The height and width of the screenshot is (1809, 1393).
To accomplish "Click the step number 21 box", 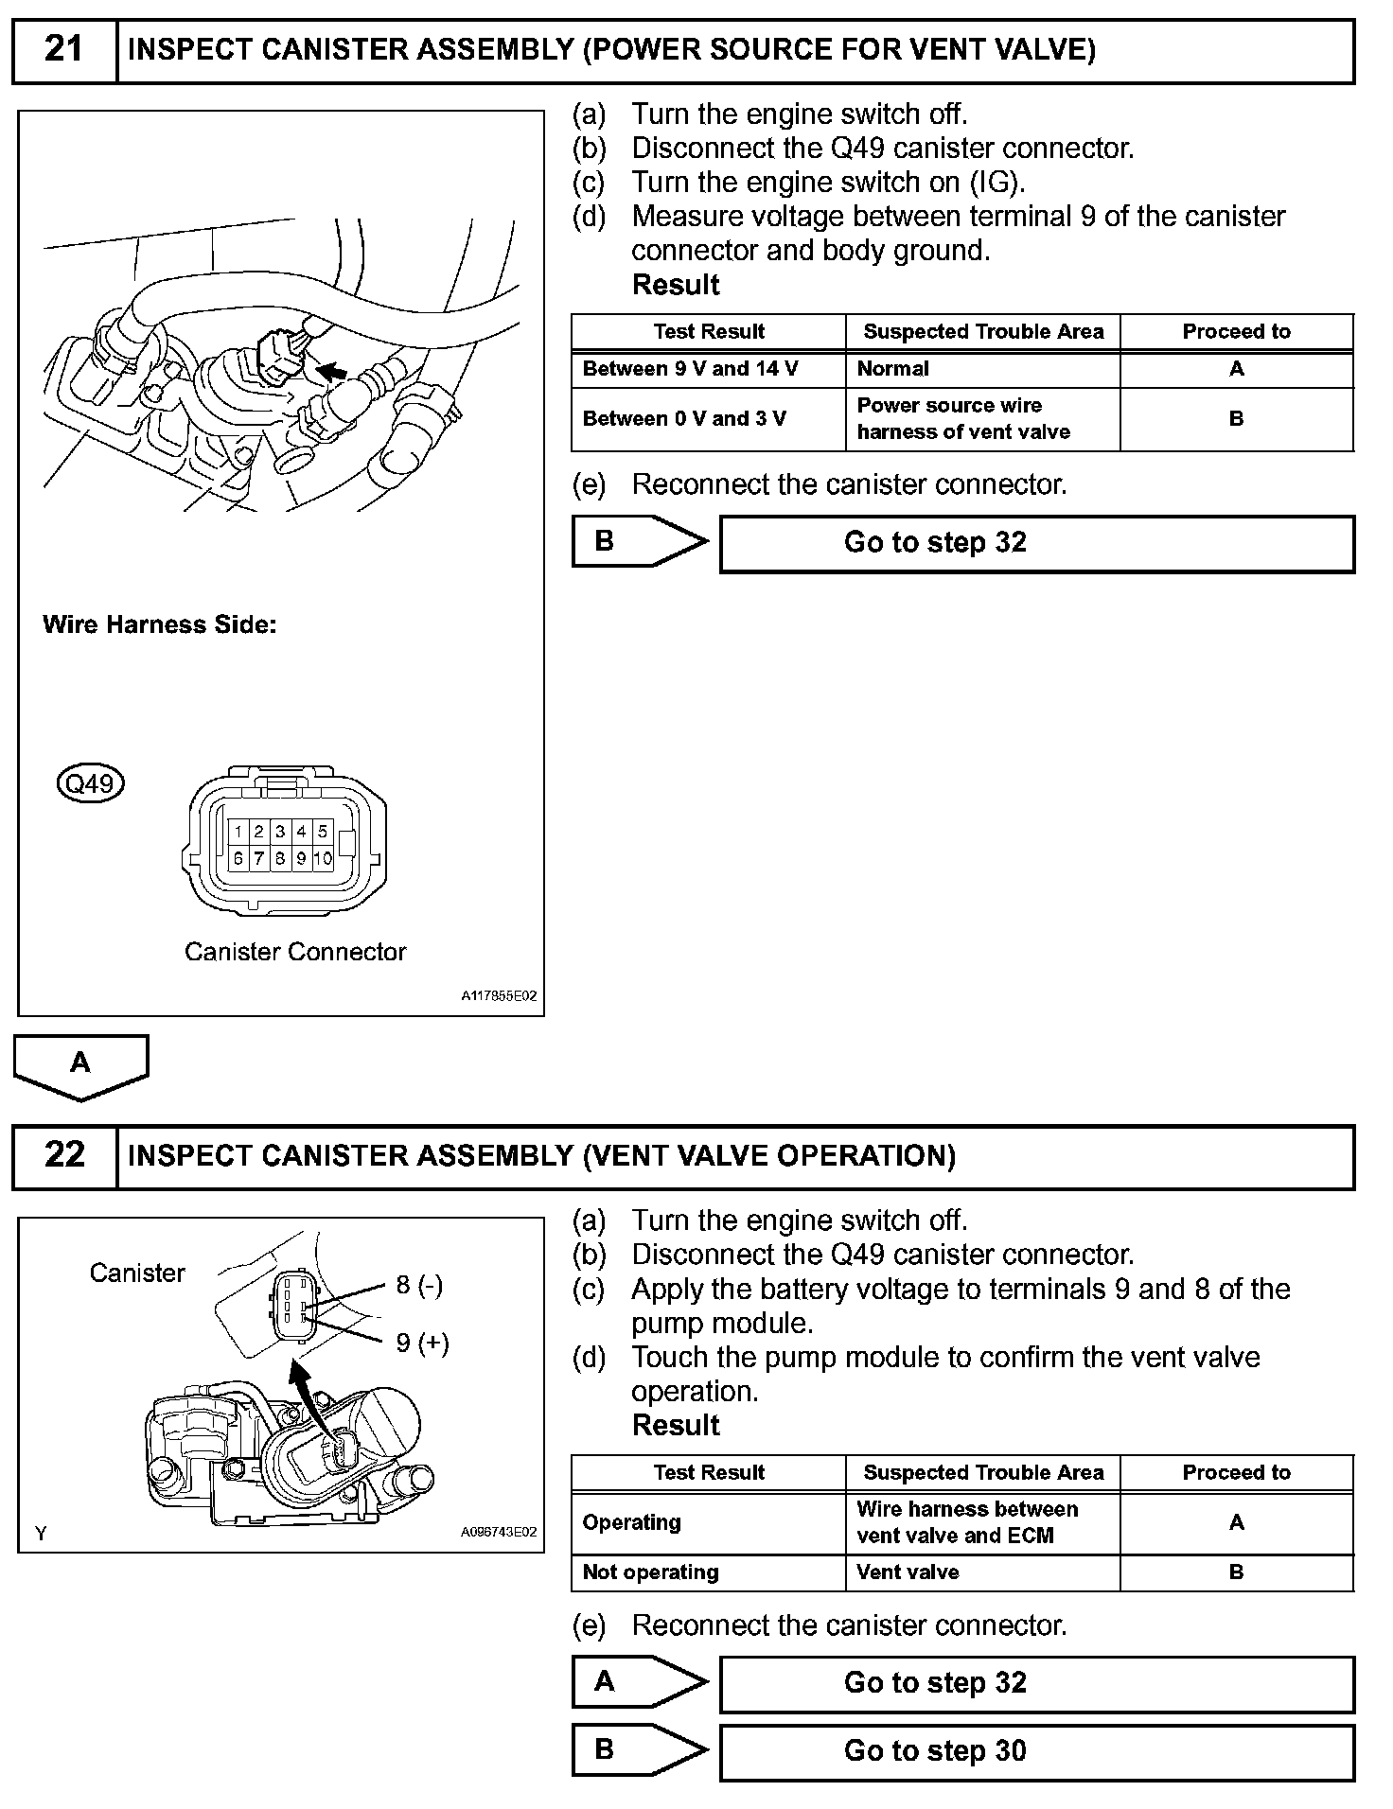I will click(64, 49).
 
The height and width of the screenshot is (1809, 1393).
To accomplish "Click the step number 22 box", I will click(64, 1155).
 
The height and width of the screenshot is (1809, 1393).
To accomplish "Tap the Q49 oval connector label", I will click(91, 783).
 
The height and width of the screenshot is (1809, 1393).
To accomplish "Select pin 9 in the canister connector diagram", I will click(302, 858).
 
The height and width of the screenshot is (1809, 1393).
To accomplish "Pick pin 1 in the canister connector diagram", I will click(238, 832).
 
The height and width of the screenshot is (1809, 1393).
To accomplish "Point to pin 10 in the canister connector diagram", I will click(323, 858).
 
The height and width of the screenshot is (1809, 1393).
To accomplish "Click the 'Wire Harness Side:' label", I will click(159, 624).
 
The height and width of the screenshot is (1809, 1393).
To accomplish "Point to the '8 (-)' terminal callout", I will click(419, 1285).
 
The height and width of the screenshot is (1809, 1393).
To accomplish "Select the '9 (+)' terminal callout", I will click(422, 1344).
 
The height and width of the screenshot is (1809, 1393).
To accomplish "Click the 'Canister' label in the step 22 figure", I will click(137, 1273).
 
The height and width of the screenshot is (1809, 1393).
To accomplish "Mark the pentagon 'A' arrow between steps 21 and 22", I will click(80, 1065).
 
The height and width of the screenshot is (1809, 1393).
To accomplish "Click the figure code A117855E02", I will click(499, 996).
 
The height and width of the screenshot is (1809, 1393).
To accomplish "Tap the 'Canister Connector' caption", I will click(295, 952).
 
